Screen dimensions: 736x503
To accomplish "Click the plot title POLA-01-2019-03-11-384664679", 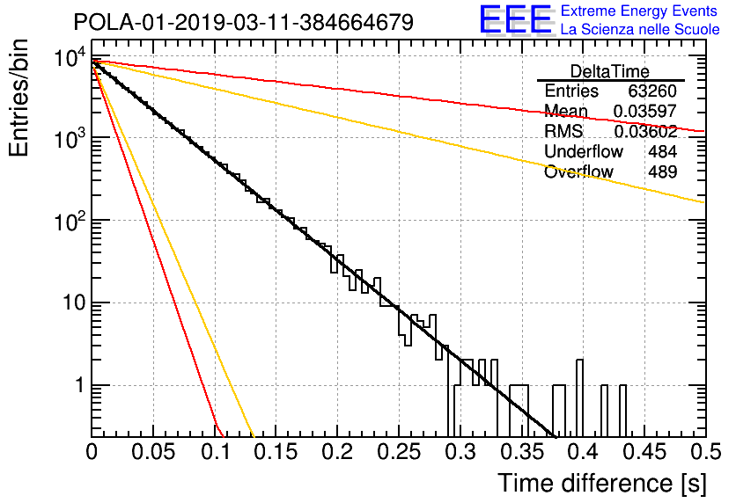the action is [x=244, y=22].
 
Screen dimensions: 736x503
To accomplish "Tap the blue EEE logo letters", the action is [x=515, y=19].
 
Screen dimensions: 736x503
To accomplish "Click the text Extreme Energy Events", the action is [x=639, y=11].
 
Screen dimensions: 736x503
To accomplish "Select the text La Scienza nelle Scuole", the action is [x=640, y=29].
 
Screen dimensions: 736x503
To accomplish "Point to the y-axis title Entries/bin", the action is [x=18, y=98].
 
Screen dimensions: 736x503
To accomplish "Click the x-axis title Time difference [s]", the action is [x=602, y=484].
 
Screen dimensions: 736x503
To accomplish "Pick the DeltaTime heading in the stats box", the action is [x=610, y=71].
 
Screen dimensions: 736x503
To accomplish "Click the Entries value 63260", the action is [x=652, y=91].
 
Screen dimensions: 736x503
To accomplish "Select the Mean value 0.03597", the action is [x=645, y=111].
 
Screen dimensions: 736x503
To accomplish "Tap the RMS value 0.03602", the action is [x=645, y=131].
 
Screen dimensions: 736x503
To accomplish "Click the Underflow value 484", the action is [x=662, y=151].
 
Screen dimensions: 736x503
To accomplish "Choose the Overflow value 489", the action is [x=662, y=171].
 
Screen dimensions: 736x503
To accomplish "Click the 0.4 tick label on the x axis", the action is [x=583, y=452].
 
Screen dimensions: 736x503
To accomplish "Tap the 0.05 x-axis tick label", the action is [x=153, y=452].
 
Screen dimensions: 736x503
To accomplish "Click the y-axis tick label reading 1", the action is [x=80, y=385].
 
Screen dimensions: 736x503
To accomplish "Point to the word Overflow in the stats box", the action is [x=578, y=171].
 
